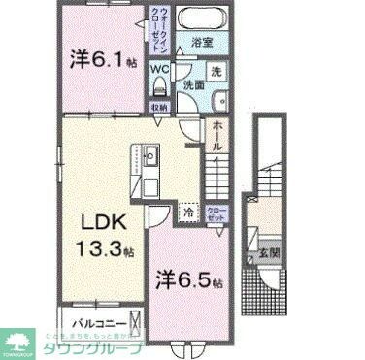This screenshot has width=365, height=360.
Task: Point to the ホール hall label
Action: click(218, 134)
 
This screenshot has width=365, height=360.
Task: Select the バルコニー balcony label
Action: click(95, 320)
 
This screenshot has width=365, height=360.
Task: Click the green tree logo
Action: click(17, 341)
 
